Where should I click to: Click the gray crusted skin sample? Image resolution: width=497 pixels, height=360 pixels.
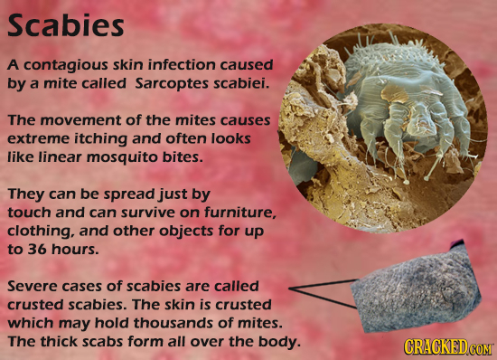click(410, 287)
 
